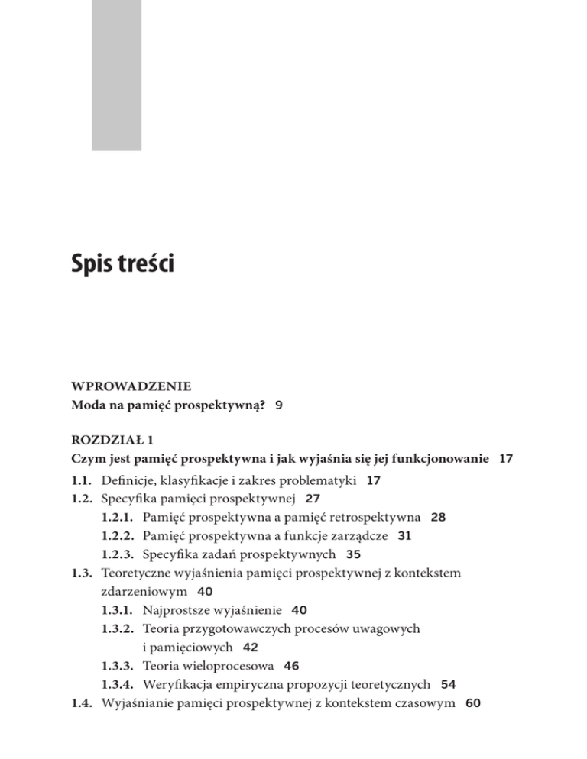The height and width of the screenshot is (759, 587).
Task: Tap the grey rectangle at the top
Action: pyautogui.click(x=117, y=74)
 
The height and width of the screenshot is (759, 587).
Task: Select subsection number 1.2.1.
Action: pyautogui.click(x=117, y=518)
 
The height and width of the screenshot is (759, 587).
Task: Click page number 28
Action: pyautogui.click(x=439, y=518)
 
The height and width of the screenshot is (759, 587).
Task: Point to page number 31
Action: pyautogui.click(x=405, y=536)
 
